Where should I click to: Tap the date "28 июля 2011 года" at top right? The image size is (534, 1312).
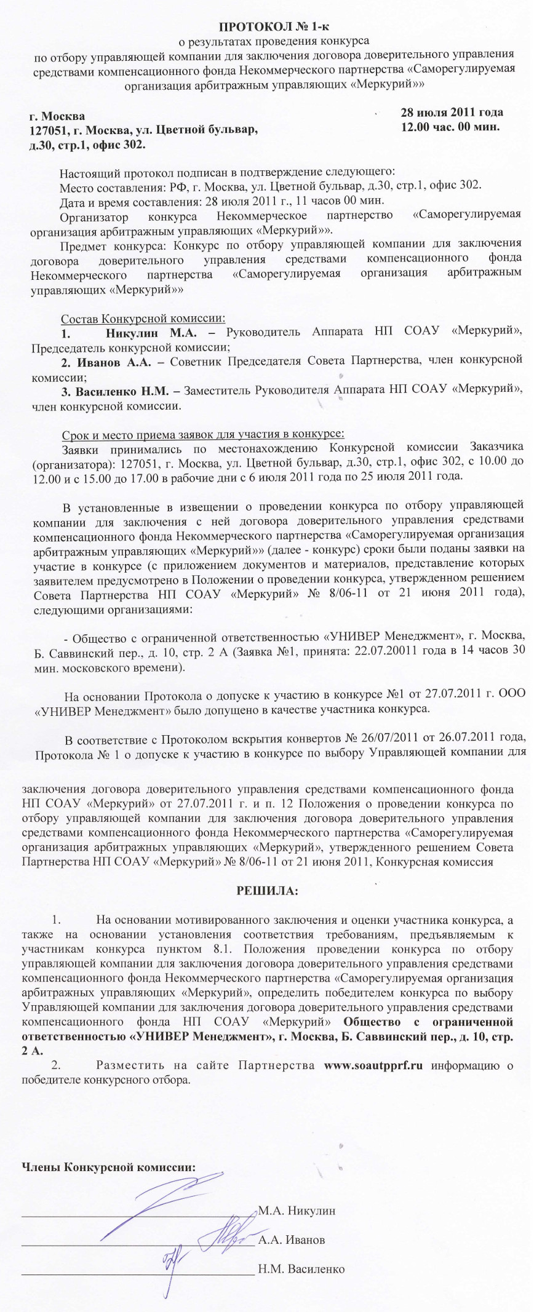click(x=452, y=112)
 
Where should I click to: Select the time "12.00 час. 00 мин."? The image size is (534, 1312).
click(x=450, y=127)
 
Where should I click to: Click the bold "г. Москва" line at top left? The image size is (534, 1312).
click(x=58, y=116)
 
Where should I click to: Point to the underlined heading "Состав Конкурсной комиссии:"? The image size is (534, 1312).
click(x=143, y=319)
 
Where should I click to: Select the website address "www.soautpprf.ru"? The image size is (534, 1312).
click(x=373, y=1065)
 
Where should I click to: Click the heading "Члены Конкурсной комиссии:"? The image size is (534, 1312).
click(x=108, y=1167)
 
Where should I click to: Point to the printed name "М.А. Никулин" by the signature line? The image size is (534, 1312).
click(x=297, y=1211)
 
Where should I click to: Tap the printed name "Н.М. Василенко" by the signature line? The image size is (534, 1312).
click(x=301, y=1268)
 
